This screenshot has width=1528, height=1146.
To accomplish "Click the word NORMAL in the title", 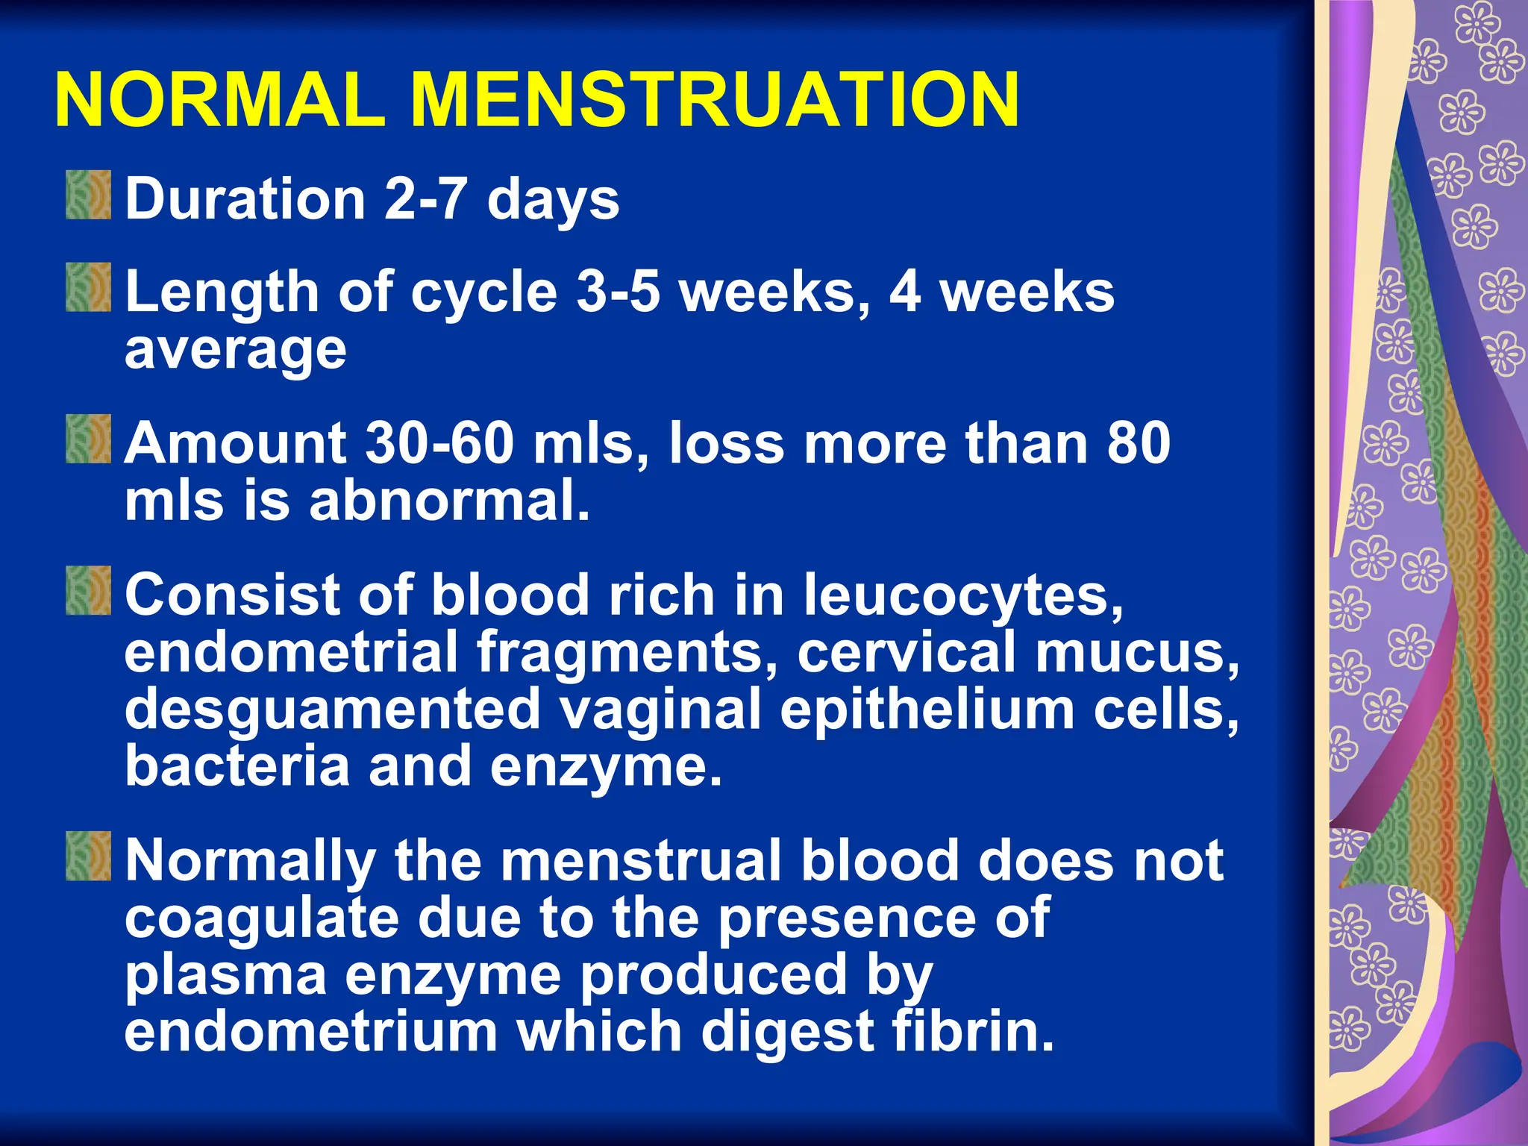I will pyautogui.click(x=220, y=101).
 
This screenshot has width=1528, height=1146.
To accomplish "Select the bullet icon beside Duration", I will pyautogui.click(x=88, y=195).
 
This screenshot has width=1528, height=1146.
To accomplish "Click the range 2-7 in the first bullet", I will pyautogui.click(x=425, y=199).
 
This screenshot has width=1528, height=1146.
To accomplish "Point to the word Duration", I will pyautogui.click(x=245, y=199).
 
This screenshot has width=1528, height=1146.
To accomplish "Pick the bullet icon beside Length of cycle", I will pyautogui.click(x=88, y=286).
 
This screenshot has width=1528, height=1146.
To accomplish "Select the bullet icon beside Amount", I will pyautogui.click(x=88, y=439).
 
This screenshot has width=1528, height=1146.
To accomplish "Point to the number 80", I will pyautogui.click(x=1139, y=443).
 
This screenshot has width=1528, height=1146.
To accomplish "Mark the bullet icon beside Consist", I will pyautogui.click(x=88, y=590).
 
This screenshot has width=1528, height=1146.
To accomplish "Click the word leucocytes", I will pyautogui.click(x=962, y=596).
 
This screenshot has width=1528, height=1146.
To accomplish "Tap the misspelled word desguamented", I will pyautogui.click(x=332, y=710).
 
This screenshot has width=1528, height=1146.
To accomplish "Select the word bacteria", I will pyautogui.click(x=237, y=766).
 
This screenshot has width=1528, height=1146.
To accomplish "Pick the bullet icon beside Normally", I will pyautogui.click(x=88, y=856).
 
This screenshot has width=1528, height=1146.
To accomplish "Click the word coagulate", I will pyautogui.click(x=261, y=919).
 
